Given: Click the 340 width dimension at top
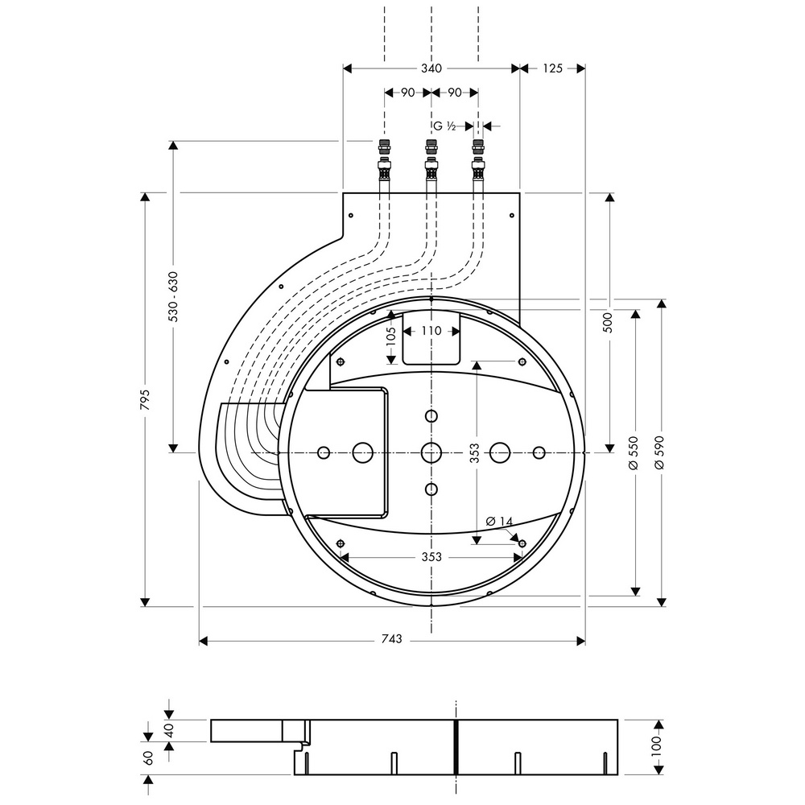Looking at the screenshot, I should click(431, 69).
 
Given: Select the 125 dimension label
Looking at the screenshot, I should click(552, 69).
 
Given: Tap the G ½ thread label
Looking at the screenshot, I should click(445, 126).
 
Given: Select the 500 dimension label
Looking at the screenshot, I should click(609, 321).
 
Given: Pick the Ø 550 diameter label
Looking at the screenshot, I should click(634, 452).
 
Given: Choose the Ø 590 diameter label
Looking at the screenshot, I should click(661, 452).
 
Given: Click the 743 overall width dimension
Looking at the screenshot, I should click(390, 640).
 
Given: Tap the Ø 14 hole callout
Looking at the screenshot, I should click(500, 522).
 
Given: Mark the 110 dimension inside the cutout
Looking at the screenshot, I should click(431, 331).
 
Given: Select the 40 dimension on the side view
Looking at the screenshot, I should click(169, 731).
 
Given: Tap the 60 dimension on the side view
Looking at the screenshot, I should click(147, 758).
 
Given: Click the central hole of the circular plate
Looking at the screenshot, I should click(431, 452).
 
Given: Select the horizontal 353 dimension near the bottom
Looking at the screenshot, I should click(431, 556).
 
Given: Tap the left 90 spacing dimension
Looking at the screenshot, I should click(407, 93).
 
